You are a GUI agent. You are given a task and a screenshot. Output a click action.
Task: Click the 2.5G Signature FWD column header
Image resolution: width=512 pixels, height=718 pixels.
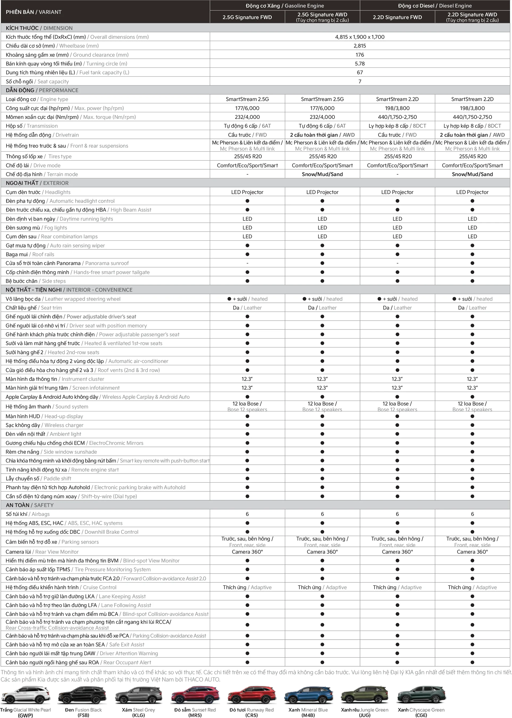[247, 17]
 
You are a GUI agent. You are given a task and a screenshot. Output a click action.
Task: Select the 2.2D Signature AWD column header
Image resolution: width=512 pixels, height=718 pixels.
[472, 17]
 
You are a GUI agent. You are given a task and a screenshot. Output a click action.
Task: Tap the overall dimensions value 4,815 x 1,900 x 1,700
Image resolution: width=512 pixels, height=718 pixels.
[360, 37]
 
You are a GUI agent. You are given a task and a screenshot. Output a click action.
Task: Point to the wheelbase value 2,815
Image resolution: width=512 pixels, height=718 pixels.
[360, 46]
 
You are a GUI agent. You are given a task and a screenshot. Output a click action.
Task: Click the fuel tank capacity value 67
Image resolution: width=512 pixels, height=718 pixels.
[360, 72]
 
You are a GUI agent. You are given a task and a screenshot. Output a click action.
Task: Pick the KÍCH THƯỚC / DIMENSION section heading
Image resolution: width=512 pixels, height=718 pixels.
[39, 28]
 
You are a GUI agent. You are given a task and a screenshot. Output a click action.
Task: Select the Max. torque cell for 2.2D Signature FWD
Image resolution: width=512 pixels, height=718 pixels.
[397, 117]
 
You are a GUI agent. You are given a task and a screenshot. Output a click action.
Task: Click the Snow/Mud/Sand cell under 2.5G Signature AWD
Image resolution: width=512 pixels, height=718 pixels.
[322, 174]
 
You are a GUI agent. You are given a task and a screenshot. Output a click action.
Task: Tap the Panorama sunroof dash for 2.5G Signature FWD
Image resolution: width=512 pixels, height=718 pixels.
[247, 263]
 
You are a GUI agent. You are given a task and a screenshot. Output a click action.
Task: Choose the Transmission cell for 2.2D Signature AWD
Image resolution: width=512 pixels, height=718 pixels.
[472, 126]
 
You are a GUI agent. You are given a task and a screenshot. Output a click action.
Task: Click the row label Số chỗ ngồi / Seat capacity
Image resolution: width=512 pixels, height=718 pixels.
[37, 81]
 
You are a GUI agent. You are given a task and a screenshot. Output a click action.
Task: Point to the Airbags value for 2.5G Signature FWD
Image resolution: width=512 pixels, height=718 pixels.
[247, 514]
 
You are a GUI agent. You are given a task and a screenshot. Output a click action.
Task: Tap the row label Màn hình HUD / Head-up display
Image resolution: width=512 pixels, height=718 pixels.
[45, 416]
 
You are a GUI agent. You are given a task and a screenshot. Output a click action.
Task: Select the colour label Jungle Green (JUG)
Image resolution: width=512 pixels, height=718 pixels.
[365, 712]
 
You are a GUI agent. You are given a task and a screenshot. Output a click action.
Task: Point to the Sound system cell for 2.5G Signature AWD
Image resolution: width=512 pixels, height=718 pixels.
[322, 406]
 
